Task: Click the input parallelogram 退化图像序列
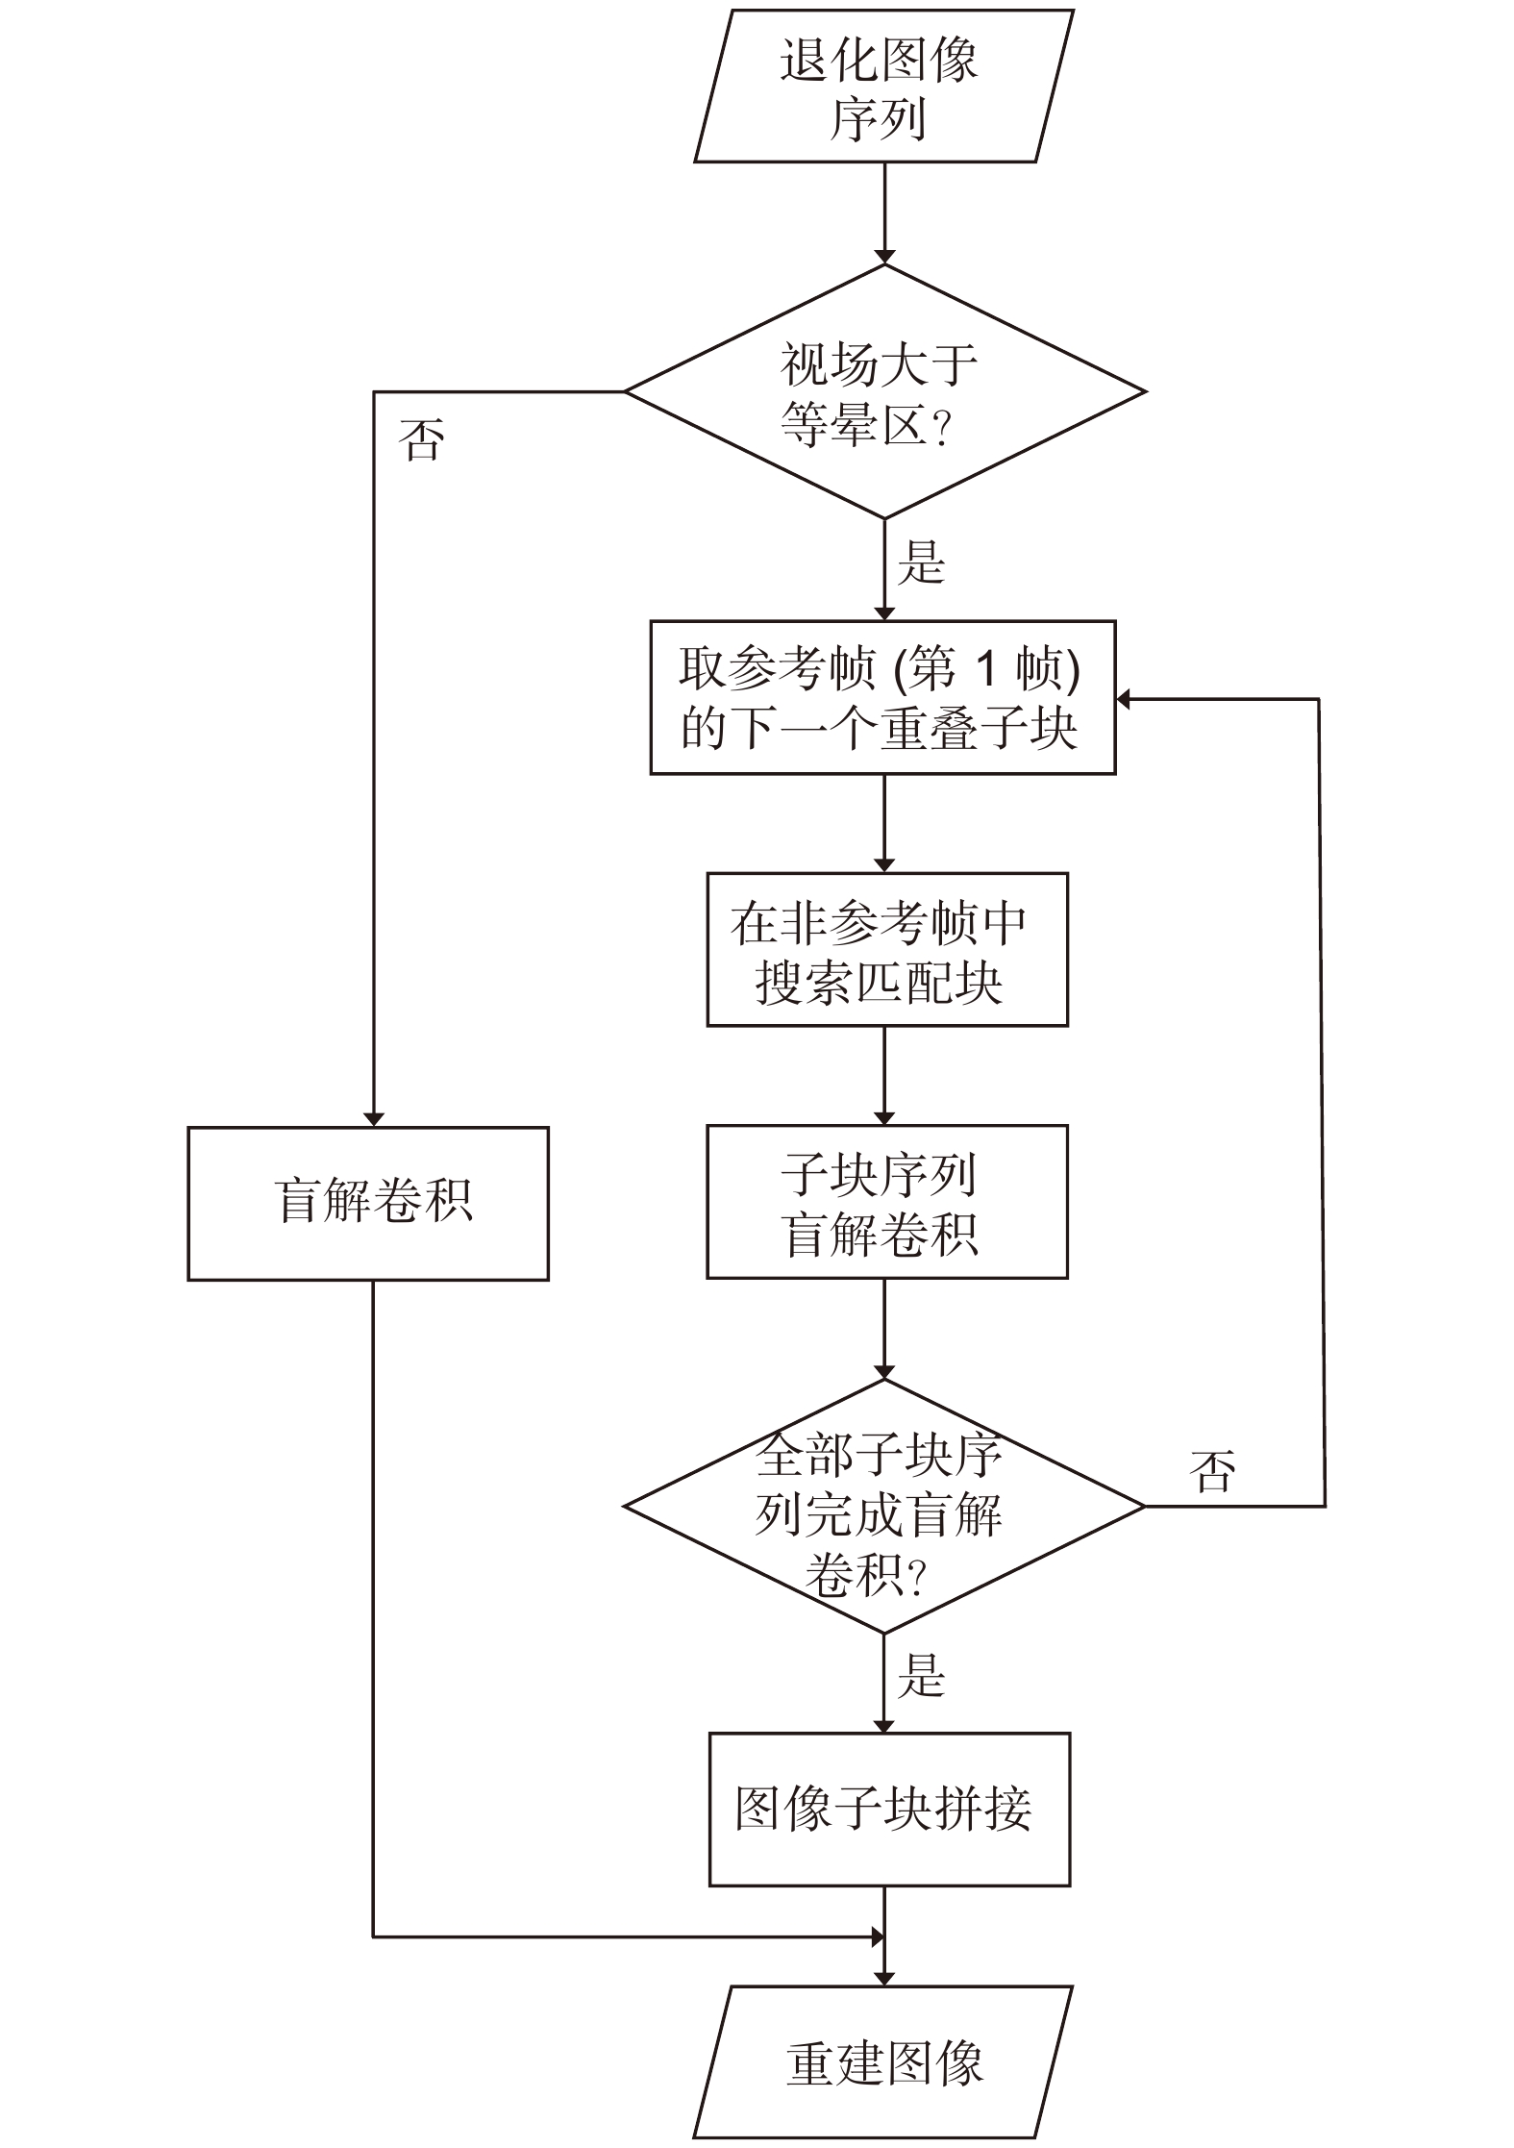click(x=882, y=87)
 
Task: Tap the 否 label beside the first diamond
click(x=422, y=441)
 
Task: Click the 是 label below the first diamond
click(x=921, y=563)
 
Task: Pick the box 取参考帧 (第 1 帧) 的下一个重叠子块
click(x=882, y=698)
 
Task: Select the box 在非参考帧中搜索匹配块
click(x=886, y=950)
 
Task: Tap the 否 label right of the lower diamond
click(x=1212, y=1471)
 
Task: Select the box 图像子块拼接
click(x=889, y=1810)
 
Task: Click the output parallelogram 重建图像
click(x=882, y=2062)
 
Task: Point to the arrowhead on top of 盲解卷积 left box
click(x=374, y=1119)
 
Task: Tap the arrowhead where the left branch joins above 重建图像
click(x=877, y=1937)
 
